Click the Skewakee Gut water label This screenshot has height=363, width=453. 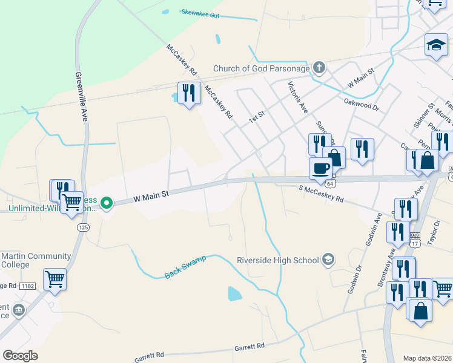tap(200, 13)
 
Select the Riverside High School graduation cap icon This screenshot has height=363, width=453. tap(328, 260)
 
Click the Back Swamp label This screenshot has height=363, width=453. tap(185, 267)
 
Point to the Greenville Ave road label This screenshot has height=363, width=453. tap(81, 97)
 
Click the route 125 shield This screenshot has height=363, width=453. tap(83, 227)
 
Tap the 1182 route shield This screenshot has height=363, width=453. tap(27, 286)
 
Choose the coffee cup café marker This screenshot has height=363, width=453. tap(320, 168)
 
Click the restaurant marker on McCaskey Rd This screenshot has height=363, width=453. tap(189, 93)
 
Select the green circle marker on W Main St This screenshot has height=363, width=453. tap(107, 203)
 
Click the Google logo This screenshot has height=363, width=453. tap(21, 356)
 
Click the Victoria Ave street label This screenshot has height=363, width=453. tap(298, 97)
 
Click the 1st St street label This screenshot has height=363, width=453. tap(257, 115)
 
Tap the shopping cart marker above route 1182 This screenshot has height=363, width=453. tap(55, 280)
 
